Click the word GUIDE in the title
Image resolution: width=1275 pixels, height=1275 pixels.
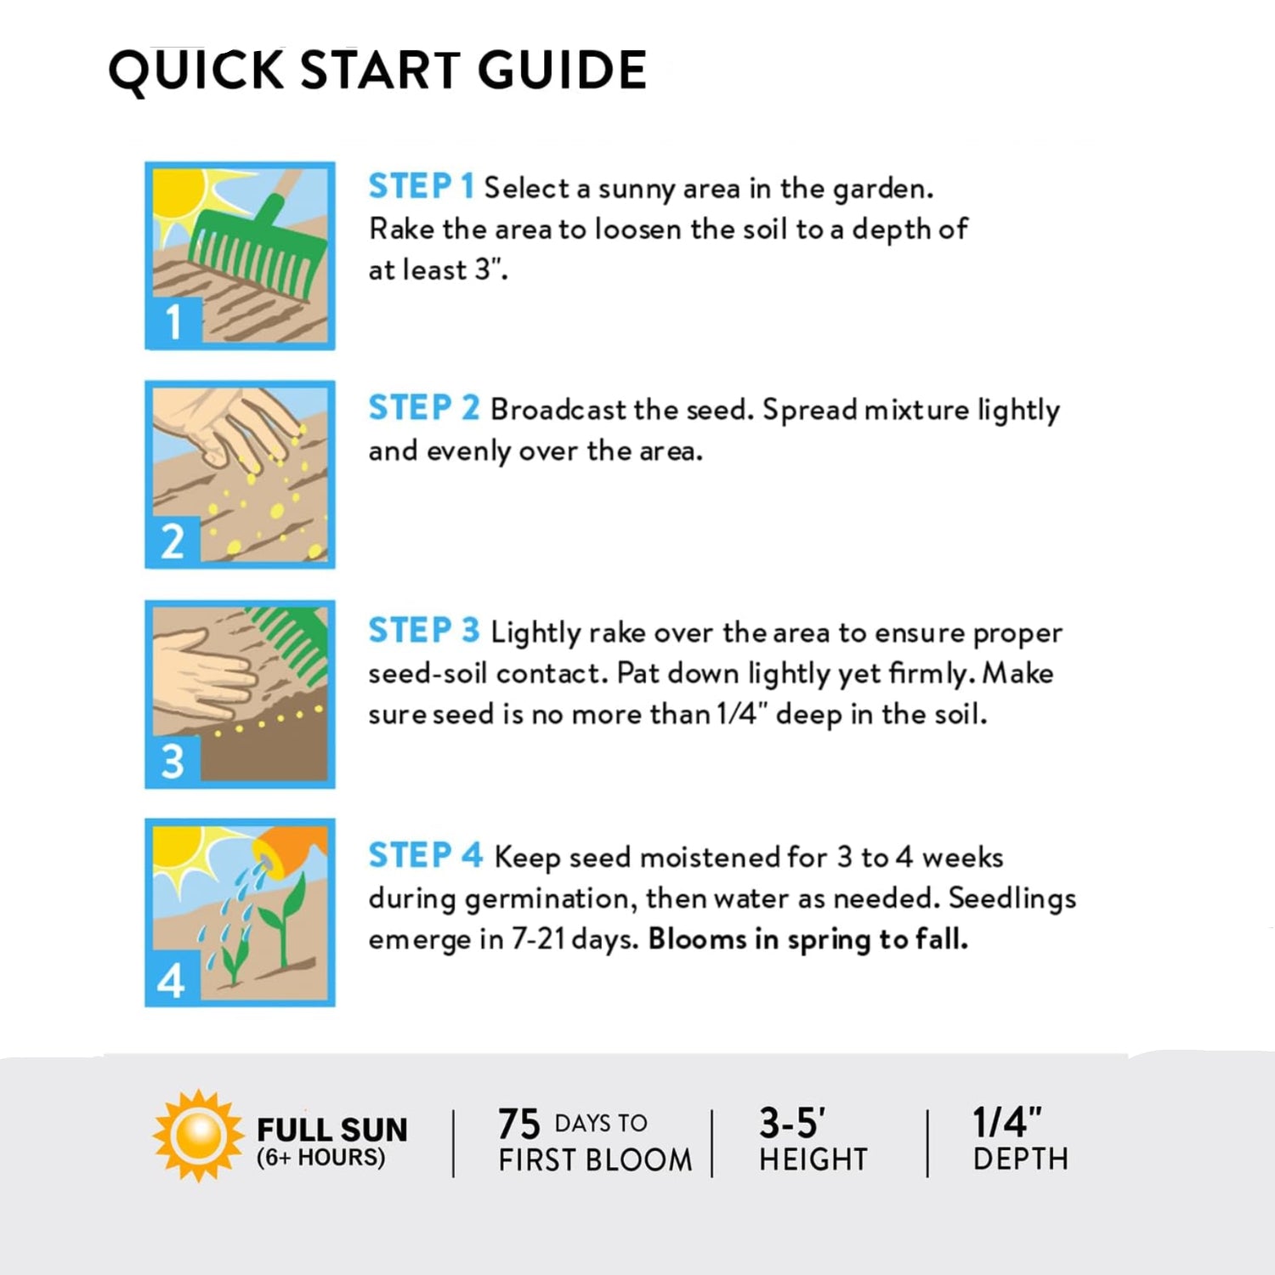tap(562, 70)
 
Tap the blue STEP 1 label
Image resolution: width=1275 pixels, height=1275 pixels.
tap(421, 186)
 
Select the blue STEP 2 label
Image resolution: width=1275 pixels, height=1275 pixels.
tap(424, 408)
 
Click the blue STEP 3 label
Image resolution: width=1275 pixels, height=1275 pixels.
tap(424, 631)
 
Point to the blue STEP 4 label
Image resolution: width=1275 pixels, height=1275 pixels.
tap(425, 855)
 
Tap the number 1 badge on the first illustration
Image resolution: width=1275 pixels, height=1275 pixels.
tap(174, 322)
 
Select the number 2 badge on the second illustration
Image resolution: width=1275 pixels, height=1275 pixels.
tap(174, 541)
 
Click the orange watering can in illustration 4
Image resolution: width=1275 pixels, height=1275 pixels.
tap(289, 850)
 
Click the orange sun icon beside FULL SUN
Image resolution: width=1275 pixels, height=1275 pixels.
tap(198, 1136)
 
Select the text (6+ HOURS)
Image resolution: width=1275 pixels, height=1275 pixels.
tap(320, 1158)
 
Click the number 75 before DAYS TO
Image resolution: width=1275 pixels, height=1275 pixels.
tap(518, 1124)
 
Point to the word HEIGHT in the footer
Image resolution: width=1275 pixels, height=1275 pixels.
tap(813, 1159)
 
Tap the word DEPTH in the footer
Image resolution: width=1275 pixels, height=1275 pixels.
tap(1020, 1159)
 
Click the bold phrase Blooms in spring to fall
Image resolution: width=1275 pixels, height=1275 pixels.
tap(808, 940)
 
